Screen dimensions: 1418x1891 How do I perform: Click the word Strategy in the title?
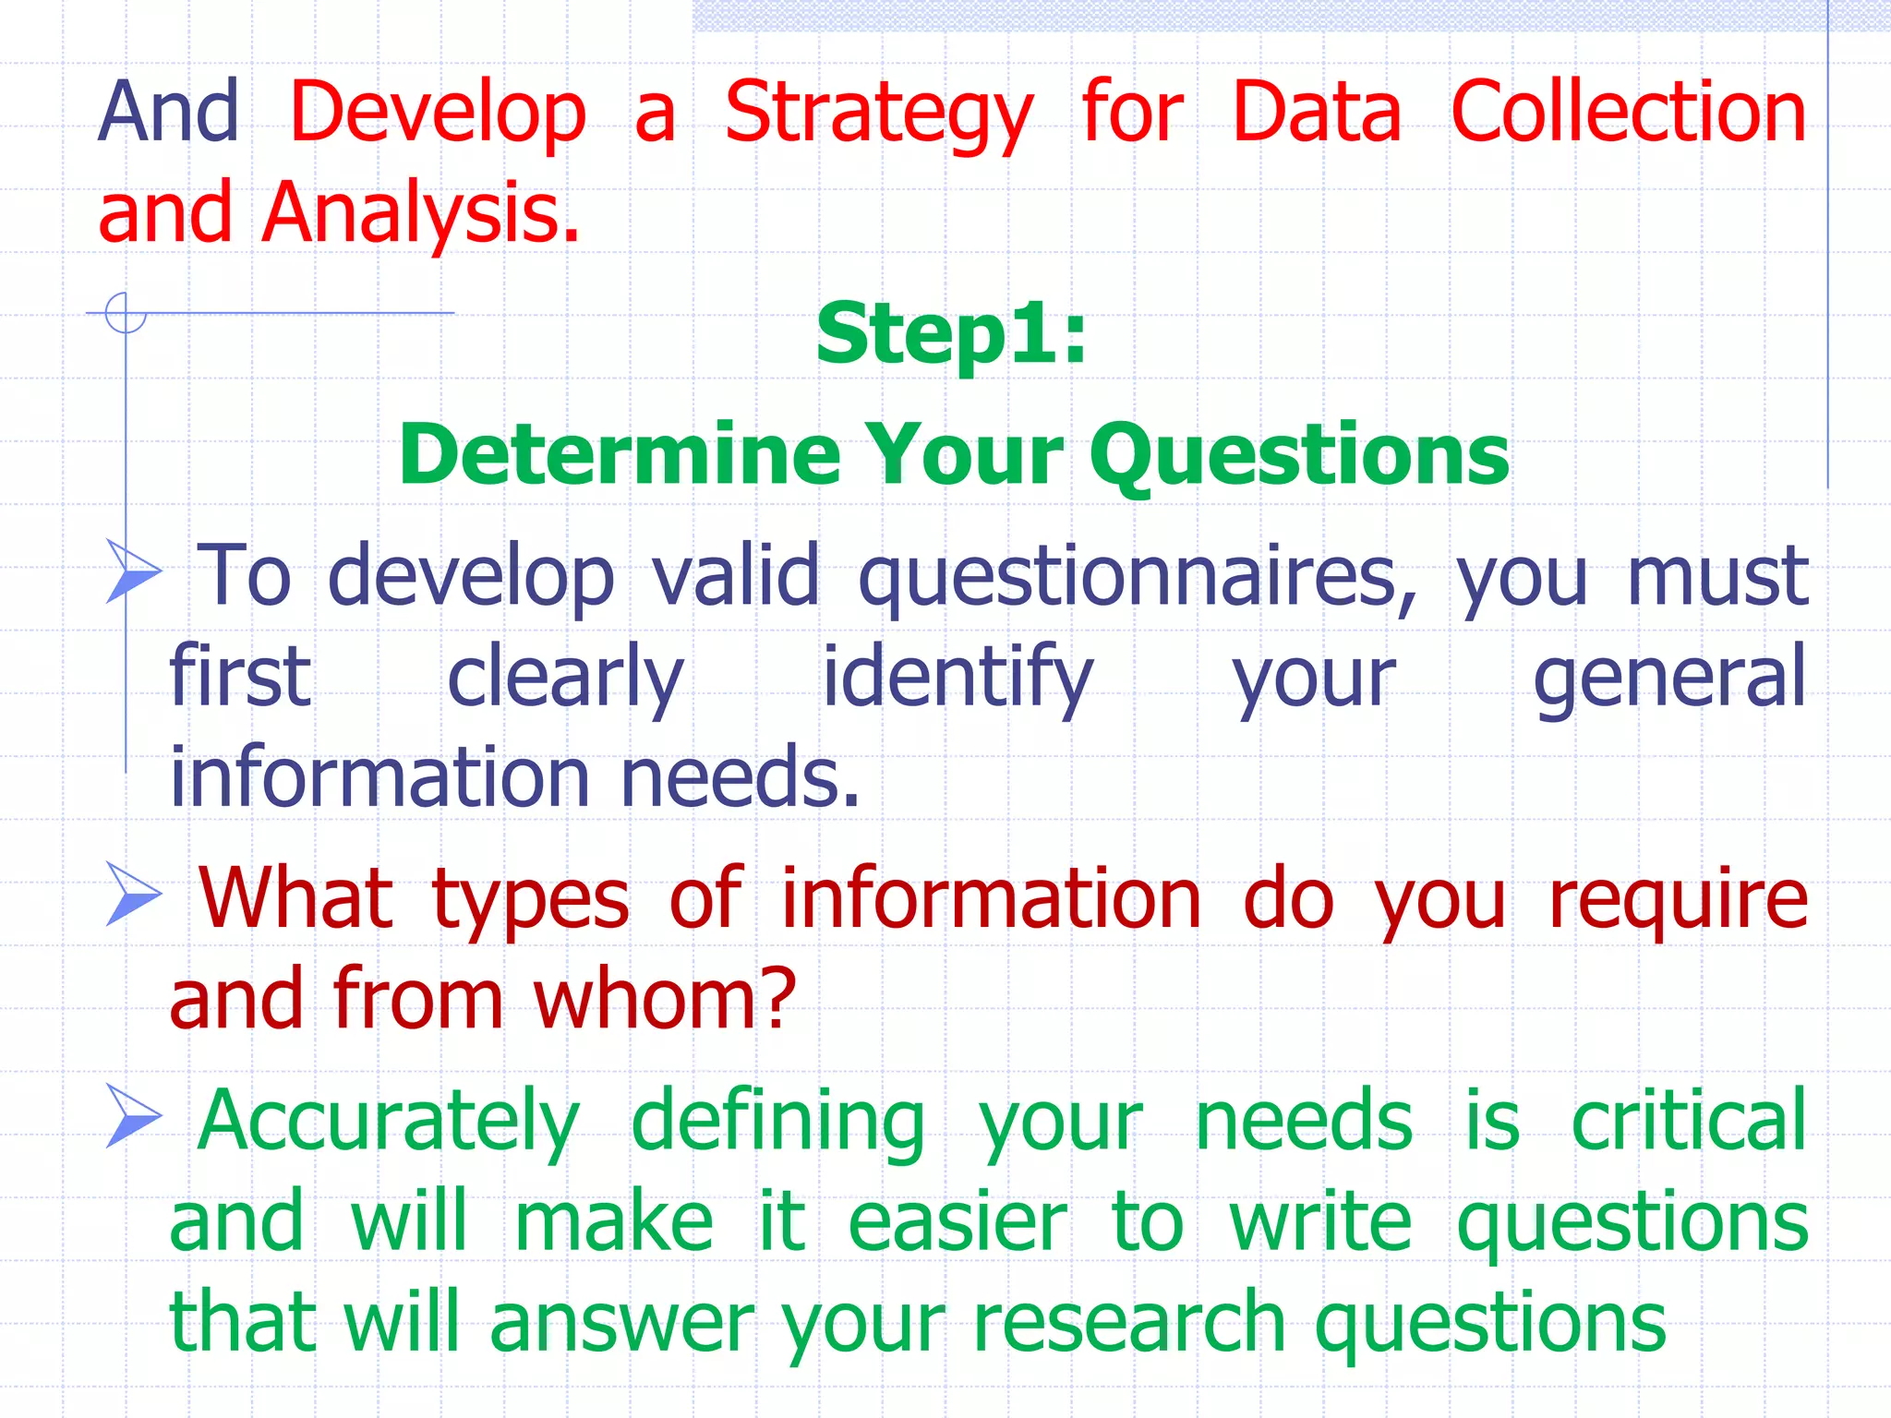tap(878, 114)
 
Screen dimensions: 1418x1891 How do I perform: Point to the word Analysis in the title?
tap(420, 214)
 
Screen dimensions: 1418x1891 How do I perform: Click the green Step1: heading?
tap(951, 334)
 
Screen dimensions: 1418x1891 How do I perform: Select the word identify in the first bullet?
tap(958, 679)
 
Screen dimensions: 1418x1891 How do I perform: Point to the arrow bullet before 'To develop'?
tap(133, 571)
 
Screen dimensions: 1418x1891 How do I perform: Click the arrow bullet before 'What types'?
tap(133, 893)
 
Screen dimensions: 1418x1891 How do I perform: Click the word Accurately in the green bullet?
tap(388, 1122)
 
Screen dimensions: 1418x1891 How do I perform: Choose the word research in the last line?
tap(1128, 1322)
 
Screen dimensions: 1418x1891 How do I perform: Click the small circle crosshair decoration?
tap(126, 312)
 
